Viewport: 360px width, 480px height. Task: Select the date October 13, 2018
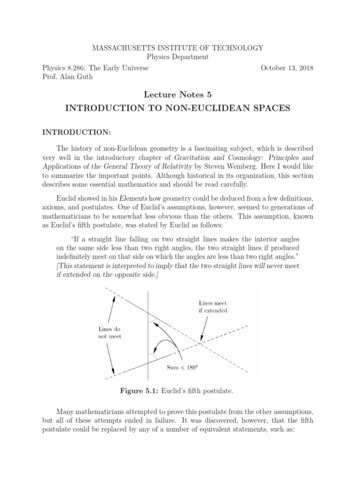(287, 68)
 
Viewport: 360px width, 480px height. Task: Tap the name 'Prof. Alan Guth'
(67, 77)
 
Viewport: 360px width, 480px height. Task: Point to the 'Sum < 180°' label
(183, 367)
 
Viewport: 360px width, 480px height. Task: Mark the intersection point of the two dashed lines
(200, 344)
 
